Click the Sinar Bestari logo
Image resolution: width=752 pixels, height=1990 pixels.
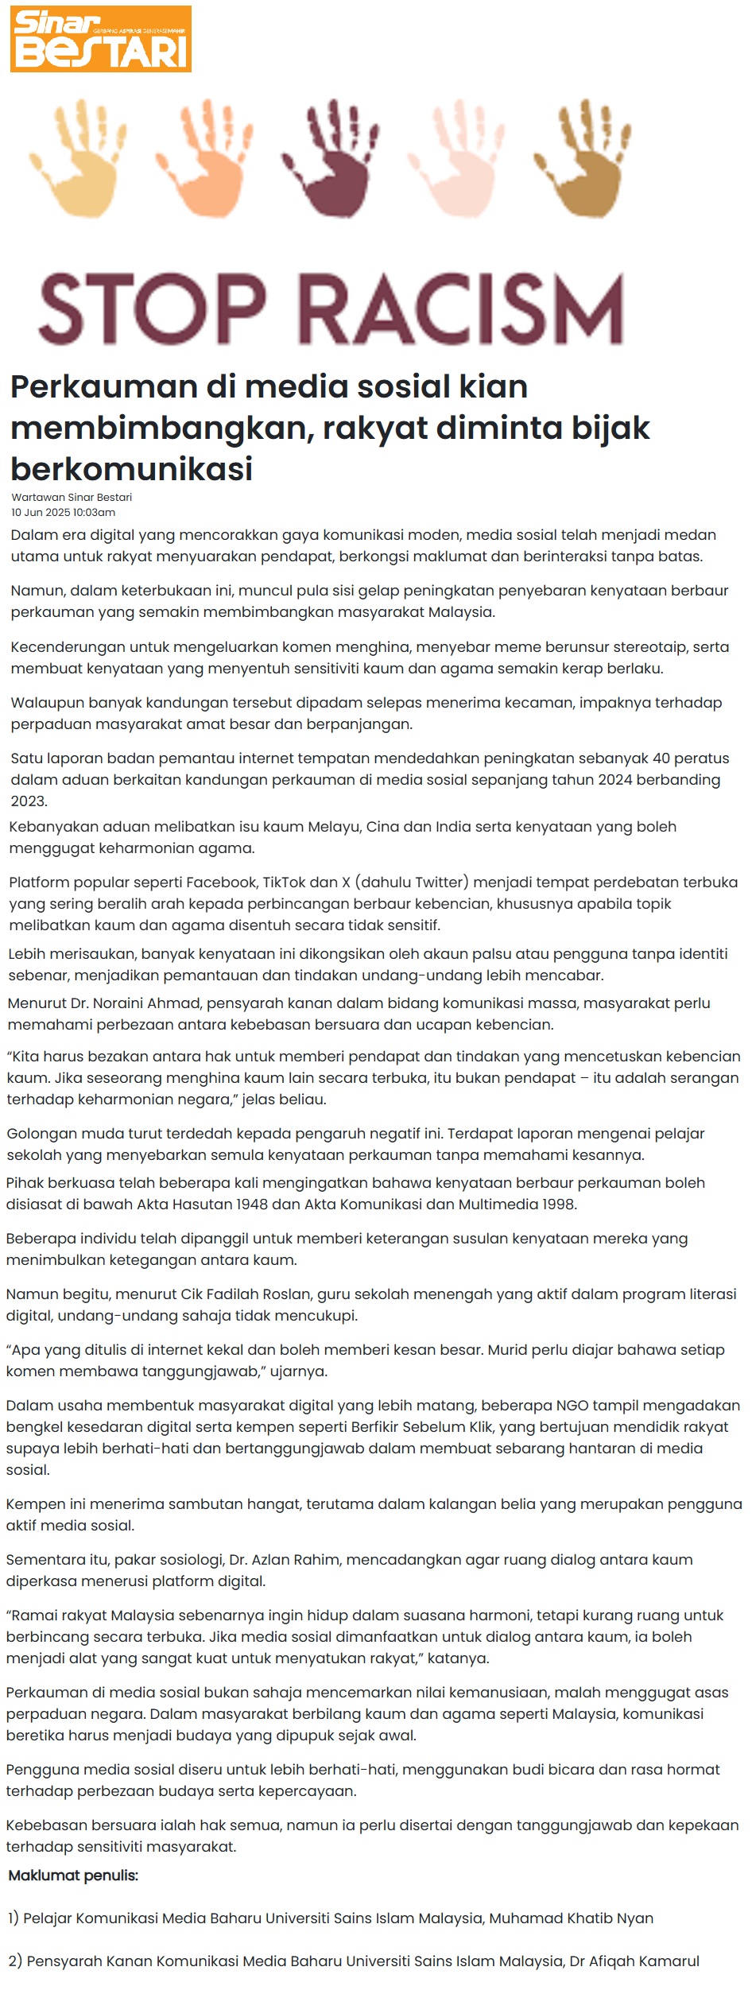click(101, 39)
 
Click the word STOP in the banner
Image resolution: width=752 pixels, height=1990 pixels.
click(151, 308)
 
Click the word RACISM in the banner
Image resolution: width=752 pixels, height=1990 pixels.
click(463, 308)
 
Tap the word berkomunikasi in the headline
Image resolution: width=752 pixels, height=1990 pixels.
click(131, 469)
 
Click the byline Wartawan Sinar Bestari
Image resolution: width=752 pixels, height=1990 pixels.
click(72, 497)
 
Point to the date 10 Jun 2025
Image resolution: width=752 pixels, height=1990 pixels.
click(41, 513)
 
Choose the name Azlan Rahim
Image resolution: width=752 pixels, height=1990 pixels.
click(294, 1560)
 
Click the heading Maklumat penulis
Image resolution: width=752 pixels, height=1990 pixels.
click(73, 1876)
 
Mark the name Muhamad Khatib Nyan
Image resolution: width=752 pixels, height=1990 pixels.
click(571, 1918)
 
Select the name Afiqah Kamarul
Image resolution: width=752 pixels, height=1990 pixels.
click(644, 1961)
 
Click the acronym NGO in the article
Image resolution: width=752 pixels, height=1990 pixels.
click(573, 1406)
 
